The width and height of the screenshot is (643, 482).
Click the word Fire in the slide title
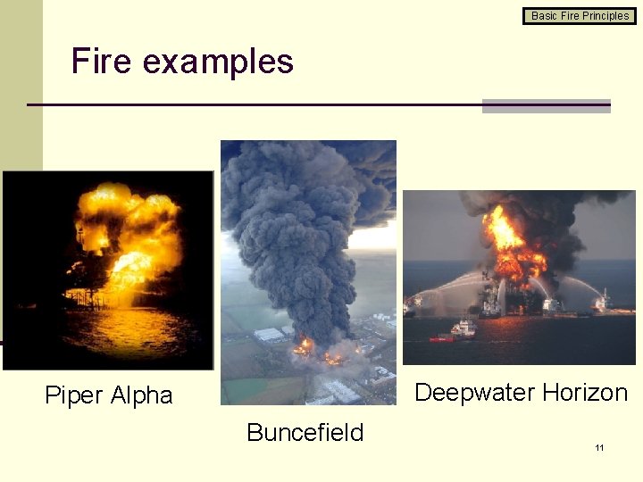pos(101,62)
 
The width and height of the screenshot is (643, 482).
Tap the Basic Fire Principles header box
pos(580,15)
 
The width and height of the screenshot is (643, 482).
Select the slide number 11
pos(599,447)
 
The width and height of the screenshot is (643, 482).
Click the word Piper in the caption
pos(75,395)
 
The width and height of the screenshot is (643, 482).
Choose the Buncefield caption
pos(305,433)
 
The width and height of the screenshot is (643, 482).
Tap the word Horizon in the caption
pos(585,393)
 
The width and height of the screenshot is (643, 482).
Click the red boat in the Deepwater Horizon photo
pos(441,338)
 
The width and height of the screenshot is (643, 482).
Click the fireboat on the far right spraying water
pos(604,303)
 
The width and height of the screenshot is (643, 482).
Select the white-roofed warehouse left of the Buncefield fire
pos(268,335)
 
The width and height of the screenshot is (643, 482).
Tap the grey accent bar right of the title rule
pos(546,105)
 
